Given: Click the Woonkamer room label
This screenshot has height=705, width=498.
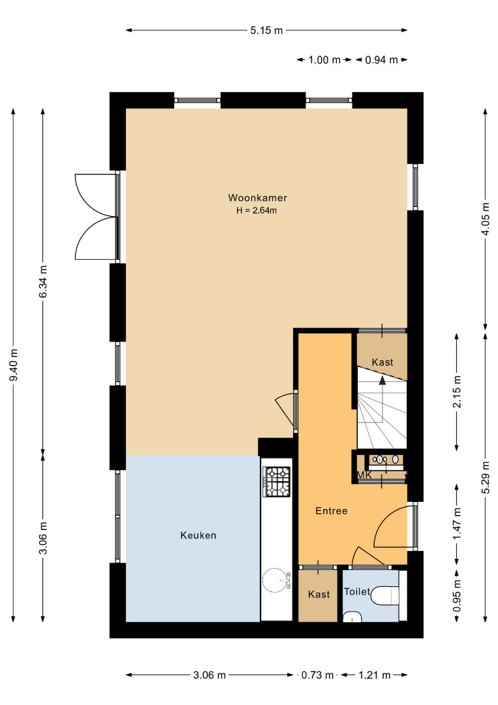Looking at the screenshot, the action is click(x=258, y=198).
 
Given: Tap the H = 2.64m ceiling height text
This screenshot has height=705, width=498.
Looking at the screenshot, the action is click(x=257, y=210).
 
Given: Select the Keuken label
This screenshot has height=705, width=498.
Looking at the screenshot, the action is click(x=198, y=535).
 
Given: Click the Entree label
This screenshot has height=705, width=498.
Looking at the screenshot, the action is click(x=332, y=510).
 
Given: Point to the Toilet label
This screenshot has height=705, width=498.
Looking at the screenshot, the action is click(x=357, y=591).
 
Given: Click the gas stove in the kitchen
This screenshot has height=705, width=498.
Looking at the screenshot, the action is click(x=277, y=481).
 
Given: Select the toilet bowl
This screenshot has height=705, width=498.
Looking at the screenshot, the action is click(x=385, y=596).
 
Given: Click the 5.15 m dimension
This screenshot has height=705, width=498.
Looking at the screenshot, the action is click(x=266, y=31).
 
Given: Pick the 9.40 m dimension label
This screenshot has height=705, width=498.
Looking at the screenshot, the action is click(x=14, y=365).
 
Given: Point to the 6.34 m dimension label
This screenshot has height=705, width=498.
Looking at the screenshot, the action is click(x=43, y=281).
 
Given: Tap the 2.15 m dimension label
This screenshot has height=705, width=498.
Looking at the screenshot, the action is click(x=457, y=391).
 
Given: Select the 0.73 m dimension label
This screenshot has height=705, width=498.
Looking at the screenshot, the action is click(x=317, y=675).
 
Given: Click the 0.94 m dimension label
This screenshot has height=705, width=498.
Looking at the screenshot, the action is click(x=381, y=60).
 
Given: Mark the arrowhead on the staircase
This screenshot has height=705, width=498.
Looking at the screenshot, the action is click(x=382, y=381).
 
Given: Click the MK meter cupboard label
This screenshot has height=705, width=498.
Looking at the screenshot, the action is click(x=364, y=475).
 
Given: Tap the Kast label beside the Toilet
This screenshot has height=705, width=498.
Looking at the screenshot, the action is click(x=319, y=595).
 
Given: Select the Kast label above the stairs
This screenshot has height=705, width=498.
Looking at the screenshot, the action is click(x=382, y=362).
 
